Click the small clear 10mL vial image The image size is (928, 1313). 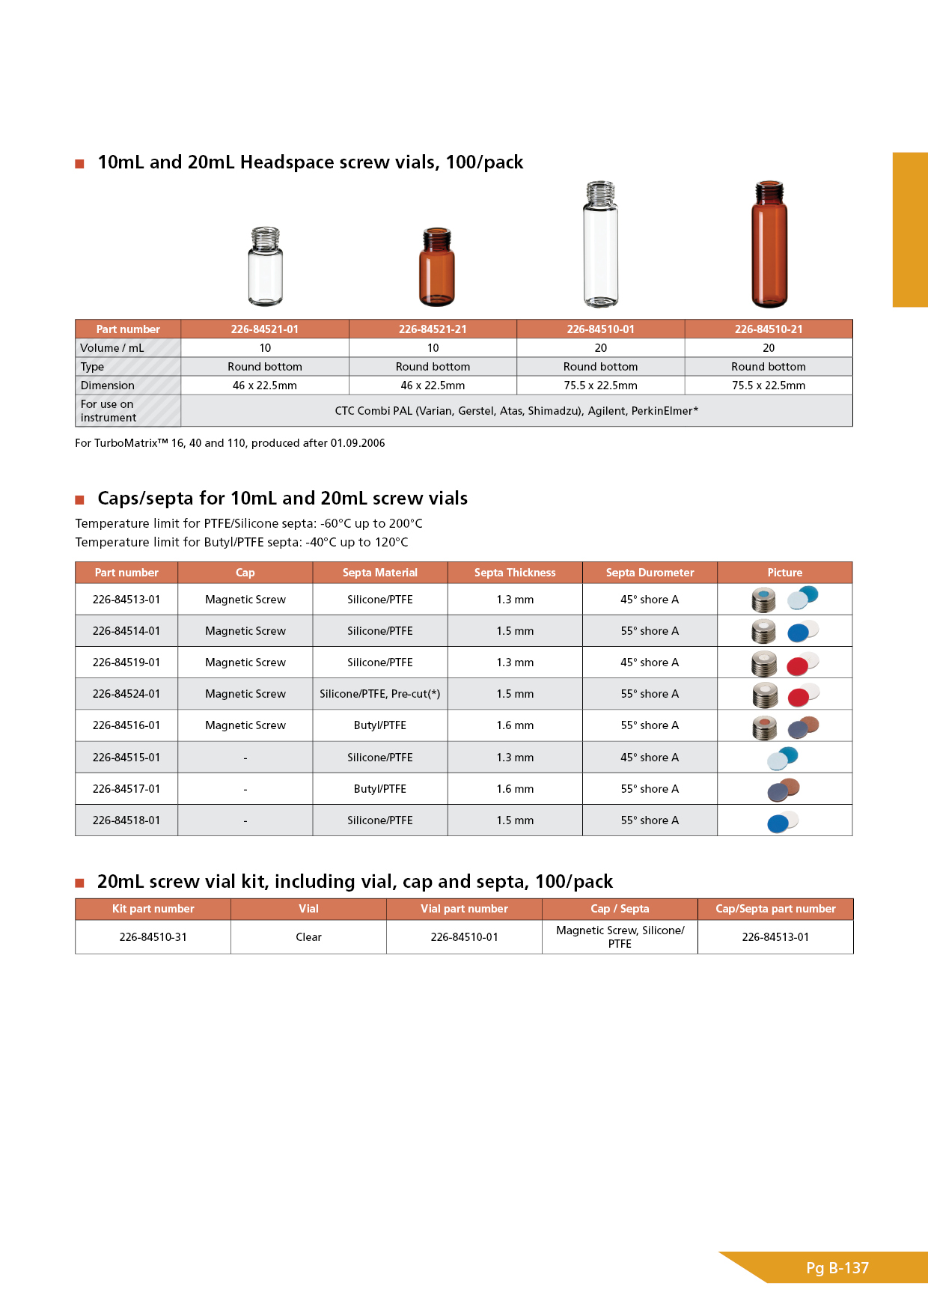point(265,266)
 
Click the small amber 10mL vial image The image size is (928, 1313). point(436,267)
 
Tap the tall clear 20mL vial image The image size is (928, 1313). point(600,244)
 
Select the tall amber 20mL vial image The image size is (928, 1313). point(769,244)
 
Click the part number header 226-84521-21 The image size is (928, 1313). point(433,329)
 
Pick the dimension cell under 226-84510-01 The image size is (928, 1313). point(600,386)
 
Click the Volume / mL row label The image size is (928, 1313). point(112,348)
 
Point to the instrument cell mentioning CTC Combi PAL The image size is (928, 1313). point(516,411)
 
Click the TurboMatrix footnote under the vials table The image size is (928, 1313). point(230,443)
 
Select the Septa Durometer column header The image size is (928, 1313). point(650,573)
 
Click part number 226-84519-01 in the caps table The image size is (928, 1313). point(126,662)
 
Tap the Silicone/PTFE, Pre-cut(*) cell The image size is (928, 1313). point(379,694)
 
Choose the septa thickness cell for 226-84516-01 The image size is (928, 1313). point(515,725)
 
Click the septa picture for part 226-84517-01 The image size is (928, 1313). point(784,789)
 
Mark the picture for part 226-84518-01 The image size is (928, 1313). point(783,821)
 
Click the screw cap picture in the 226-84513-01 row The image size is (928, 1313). point(764,600)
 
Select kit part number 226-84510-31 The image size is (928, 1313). point(153,937)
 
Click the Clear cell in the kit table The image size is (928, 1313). point(308,937)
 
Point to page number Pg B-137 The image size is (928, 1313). point(837,1268)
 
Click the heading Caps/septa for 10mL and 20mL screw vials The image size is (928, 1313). point(282,499)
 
